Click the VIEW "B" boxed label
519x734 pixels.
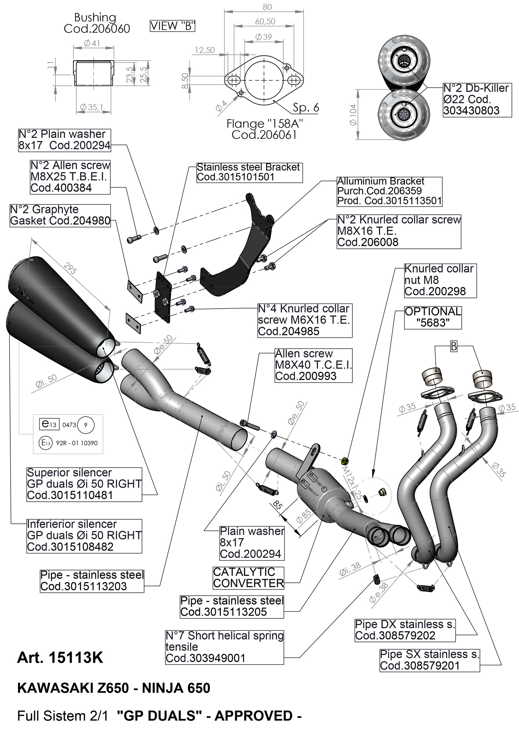tap(173, 26)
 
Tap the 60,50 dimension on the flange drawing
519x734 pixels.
tap(265, 22)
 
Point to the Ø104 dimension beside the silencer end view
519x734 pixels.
tap(353, 115)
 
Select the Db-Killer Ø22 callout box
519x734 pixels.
tap(476, 99)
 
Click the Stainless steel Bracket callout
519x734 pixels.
tap(249, 172)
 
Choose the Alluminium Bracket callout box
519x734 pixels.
tap(389, 191)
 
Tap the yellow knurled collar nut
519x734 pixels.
tap(345, 461)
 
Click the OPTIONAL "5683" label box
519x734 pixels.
tap(433, 317)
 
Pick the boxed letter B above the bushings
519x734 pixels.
tap(454, 346)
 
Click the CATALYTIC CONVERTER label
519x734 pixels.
tap(248, 577)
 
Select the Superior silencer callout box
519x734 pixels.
tap(84, 484)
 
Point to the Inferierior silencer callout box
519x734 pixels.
tap(84, 535)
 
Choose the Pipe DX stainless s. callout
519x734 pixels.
tap(405, 630)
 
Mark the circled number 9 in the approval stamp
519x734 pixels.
tap(86, 425)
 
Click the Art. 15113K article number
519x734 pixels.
tap(60, 658)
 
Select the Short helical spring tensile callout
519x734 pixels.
tap(224, 647)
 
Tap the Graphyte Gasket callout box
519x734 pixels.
tap(60, 215)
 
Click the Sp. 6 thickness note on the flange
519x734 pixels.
tap(306, 108)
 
